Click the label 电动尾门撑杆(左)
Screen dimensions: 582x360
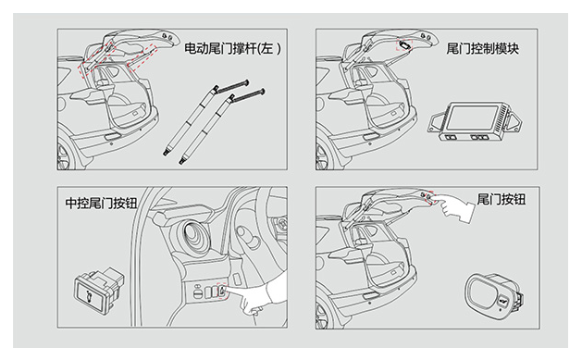(233, 49)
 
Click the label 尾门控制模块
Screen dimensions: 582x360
(482, 49)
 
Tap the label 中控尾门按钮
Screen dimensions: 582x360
(101, 203)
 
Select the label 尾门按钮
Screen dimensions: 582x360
(502, 199)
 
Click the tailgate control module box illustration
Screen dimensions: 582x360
(475, 121)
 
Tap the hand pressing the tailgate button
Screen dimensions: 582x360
(454, 208)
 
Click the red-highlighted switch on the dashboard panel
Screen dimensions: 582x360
(221, 291)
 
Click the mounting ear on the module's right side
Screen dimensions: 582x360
(514, 120)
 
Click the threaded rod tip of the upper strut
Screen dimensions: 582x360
(246, 82)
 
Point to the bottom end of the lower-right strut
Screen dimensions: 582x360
(182, 161)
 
